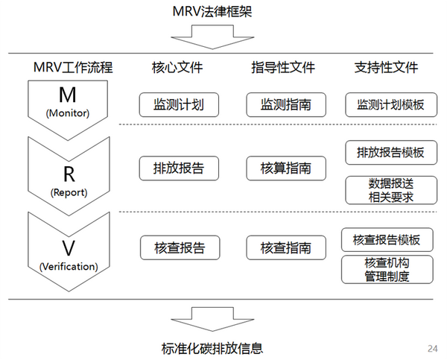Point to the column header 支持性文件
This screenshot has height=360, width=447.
(x=386, y=68)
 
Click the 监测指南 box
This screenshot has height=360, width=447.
(x=286, y=104)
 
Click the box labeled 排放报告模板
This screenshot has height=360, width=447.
(x=386, y=152)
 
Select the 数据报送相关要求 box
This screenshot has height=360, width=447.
(x=386, y=190)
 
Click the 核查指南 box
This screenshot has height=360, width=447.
(x=286, y=247)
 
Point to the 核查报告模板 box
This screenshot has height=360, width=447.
(x=386, y=240)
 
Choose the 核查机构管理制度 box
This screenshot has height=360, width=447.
(x=386, y=270)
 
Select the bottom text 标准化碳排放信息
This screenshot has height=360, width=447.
(x=212, y=347)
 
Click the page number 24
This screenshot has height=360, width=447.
(x=433, y=348)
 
